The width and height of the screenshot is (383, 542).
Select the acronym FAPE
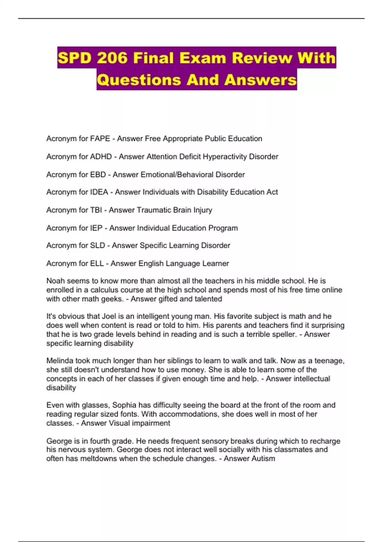(100, 139)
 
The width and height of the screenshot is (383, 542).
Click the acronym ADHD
(101, 157)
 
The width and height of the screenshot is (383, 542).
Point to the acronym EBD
(98, 175)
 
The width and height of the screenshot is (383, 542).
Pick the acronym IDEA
(99, 192)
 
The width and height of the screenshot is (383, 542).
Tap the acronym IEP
(96, 228)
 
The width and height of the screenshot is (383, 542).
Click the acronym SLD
(98, 245)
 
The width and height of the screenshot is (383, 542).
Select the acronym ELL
(97, 263)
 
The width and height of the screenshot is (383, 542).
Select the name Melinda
(59, 361)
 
